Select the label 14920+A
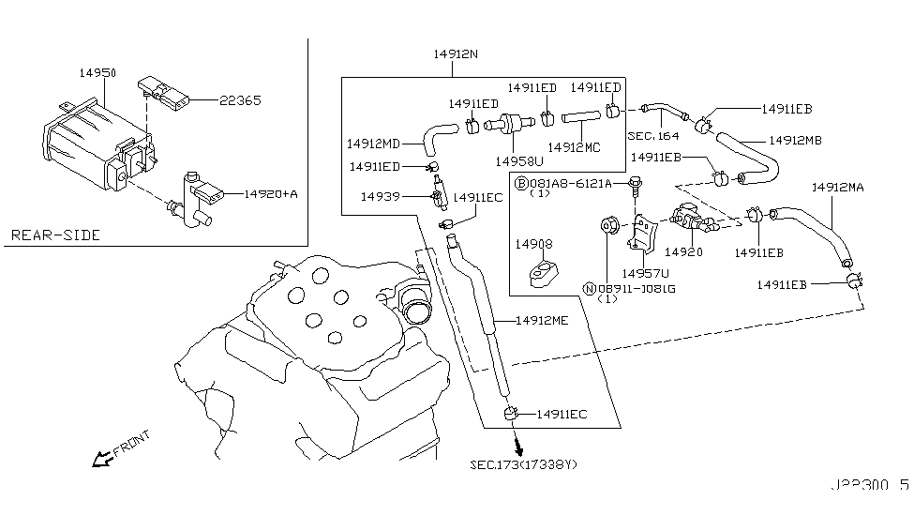[271, 194]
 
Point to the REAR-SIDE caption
[55, 235]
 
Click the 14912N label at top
[456, 55]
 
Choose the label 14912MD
[373, 144]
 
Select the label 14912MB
[795, 141]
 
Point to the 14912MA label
[837, 188]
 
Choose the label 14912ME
[541, 320]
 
